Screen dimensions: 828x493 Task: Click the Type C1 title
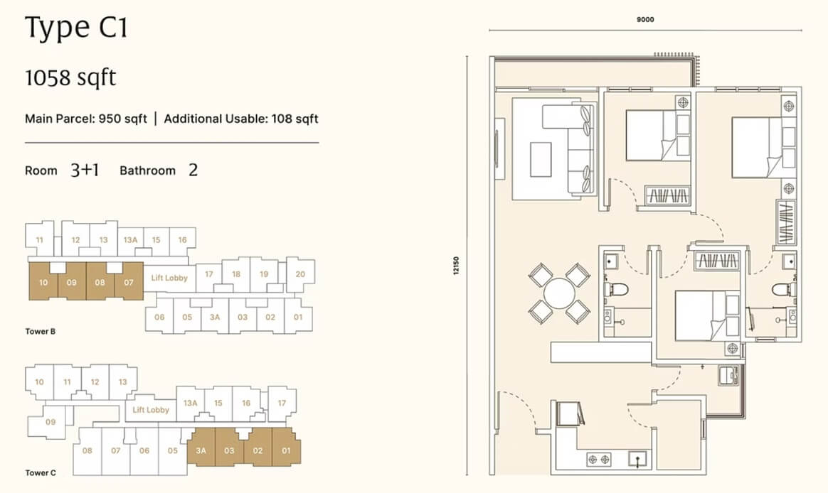tap(76, 28)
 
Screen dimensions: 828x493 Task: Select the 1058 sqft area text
tap(70, 78)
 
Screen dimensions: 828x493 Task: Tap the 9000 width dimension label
tap(644, 19)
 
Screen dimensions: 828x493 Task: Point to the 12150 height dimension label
tap(456, 266)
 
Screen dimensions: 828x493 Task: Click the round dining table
tap(559, 293)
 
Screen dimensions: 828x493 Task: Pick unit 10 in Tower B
tap(43, 282)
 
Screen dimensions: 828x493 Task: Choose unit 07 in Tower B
tap(129, 282)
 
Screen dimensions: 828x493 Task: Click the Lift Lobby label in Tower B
tap(169, 278)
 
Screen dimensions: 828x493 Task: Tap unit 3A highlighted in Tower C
tap(201, 451)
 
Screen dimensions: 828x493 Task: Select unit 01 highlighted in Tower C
tap(286, 451)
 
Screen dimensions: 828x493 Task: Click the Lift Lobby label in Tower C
tap(151, 410)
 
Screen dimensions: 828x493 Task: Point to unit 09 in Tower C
tap(51, 422)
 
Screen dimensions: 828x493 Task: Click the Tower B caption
tap(40, 332)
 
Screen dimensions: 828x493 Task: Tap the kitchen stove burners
tap(600, 460)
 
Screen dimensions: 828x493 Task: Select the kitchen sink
tap(639, 460)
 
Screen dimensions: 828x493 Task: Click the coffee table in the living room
tap(541, 160)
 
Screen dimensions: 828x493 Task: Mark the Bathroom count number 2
tap(193, 170)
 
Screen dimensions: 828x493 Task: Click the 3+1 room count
tap(85, 170)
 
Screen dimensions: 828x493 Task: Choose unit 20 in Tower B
tap(300, 274)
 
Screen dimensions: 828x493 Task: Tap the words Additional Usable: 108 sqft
tap(241, 119)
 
